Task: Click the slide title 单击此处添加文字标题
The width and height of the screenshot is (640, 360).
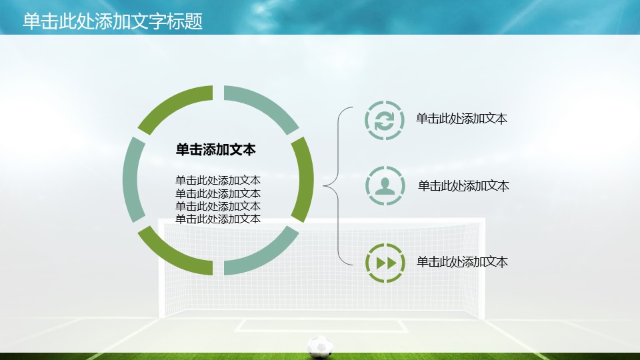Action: [x=113, y=21]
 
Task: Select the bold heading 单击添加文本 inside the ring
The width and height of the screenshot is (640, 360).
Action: [x=215, y=150]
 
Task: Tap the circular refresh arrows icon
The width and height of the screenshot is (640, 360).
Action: [x=385, y=120]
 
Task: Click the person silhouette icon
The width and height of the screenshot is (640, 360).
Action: [x=385, y=186]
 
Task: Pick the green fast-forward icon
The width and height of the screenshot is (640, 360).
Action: [x=385, y=262]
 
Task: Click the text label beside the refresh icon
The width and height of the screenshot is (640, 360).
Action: [x=461, y=119]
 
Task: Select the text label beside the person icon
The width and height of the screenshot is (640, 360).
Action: [x=463, y=186]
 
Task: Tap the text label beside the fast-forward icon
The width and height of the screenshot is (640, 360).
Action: [x=462, y=262]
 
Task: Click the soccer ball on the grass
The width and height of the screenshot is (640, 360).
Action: [x=320, y=346]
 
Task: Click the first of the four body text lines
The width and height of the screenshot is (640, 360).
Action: [x=218, y=181]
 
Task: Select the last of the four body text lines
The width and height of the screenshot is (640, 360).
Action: [x=218, y=219]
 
